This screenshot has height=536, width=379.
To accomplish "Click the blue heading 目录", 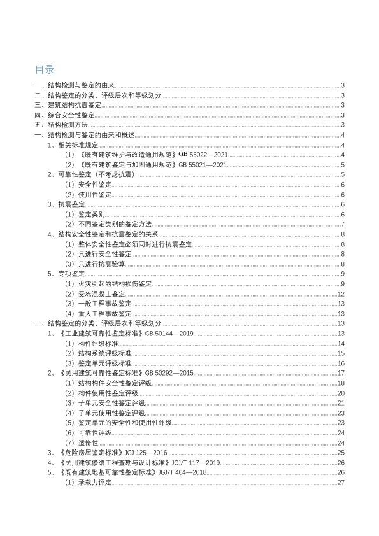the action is pyautogui.click(x=45, y=70).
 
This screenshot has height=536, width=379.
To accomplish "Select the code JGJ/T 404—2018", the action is pyautogui.click(x=187, y=472).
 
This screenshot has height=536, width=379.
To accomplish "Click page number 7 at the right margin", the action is pyautogui.click(x=343, y=224).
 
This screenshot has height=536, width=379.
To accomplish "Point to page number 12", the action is pyautogui.click(x=341, y=294).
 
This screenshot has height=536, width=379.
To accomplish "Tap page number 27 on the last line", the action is pyautogui.click(x=341, y=483).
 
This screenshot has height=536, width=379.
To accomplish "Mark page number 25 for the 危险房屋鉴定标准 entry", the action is pyautogui.click(x=341, y=453).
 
